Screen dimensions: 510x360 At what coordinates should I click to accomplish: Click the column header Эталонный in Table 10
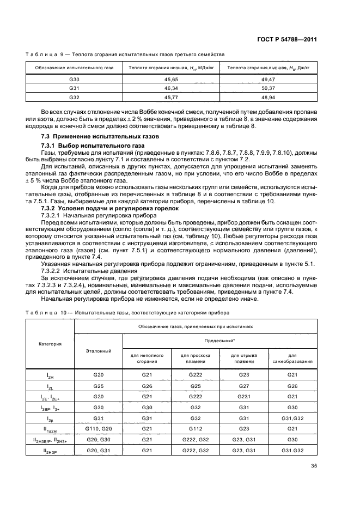[x=99, y=351]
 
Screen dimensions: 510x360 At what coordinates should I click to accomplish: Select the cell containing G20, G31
[x=99, y=450]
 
